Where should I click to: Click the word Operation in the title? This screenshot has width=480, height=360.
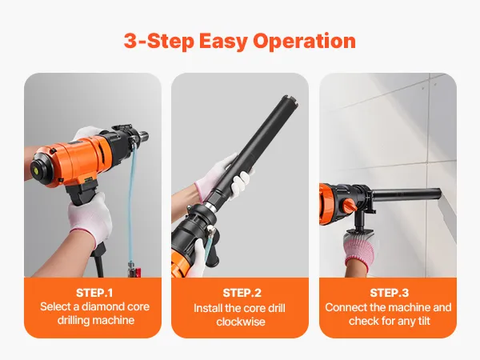[304, 41]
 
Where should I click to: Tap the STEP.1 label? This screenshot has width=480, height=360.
[94, 293]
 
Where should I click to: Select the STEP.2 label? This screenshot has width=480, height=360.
[242, 293]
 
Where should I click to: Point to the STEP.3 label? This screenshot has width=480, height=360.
[389, 293]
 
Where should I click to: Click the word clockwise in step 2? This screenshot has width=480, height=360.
[241, 322]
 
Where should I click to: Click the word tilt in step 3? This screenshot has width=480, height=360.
[423, 321]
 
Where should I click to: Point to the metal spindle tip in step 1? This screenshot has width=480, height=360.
[143, 136]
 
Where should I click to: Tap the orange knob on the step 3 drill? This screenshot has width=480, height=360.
[349, 206]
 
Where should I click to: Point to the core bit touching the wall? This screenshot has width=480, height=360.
[407, 194]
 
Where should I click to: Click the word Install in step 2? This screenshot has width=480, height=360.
[207, 308]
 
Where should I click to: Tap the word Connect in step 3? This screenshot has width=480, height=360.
[346, 307]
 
